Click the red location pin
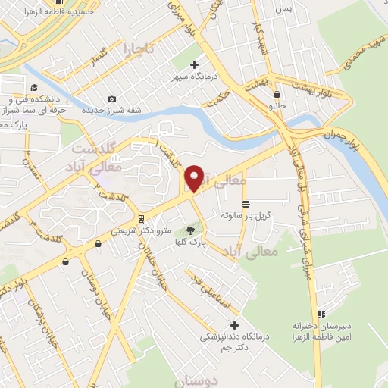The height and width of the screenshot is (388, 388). coord(195,178)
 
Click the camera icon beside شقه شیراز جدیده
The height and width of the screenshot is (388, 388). coord(112,99)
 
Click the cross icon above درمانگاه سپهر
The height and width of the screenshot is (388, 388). coord(195,65)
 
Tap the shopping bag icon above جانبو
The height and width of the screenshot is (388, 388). coord(277,95)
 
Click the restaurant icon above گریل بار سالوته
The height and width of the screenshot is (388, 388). coord(246,205)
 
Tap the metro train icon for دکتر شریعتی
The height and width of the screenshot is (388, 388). coord(140,221)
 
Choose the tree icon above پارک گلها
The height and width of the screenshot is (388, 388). coord(190,230)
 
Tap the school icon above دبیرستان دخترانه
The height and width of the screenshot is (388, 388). coord(321,314)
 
